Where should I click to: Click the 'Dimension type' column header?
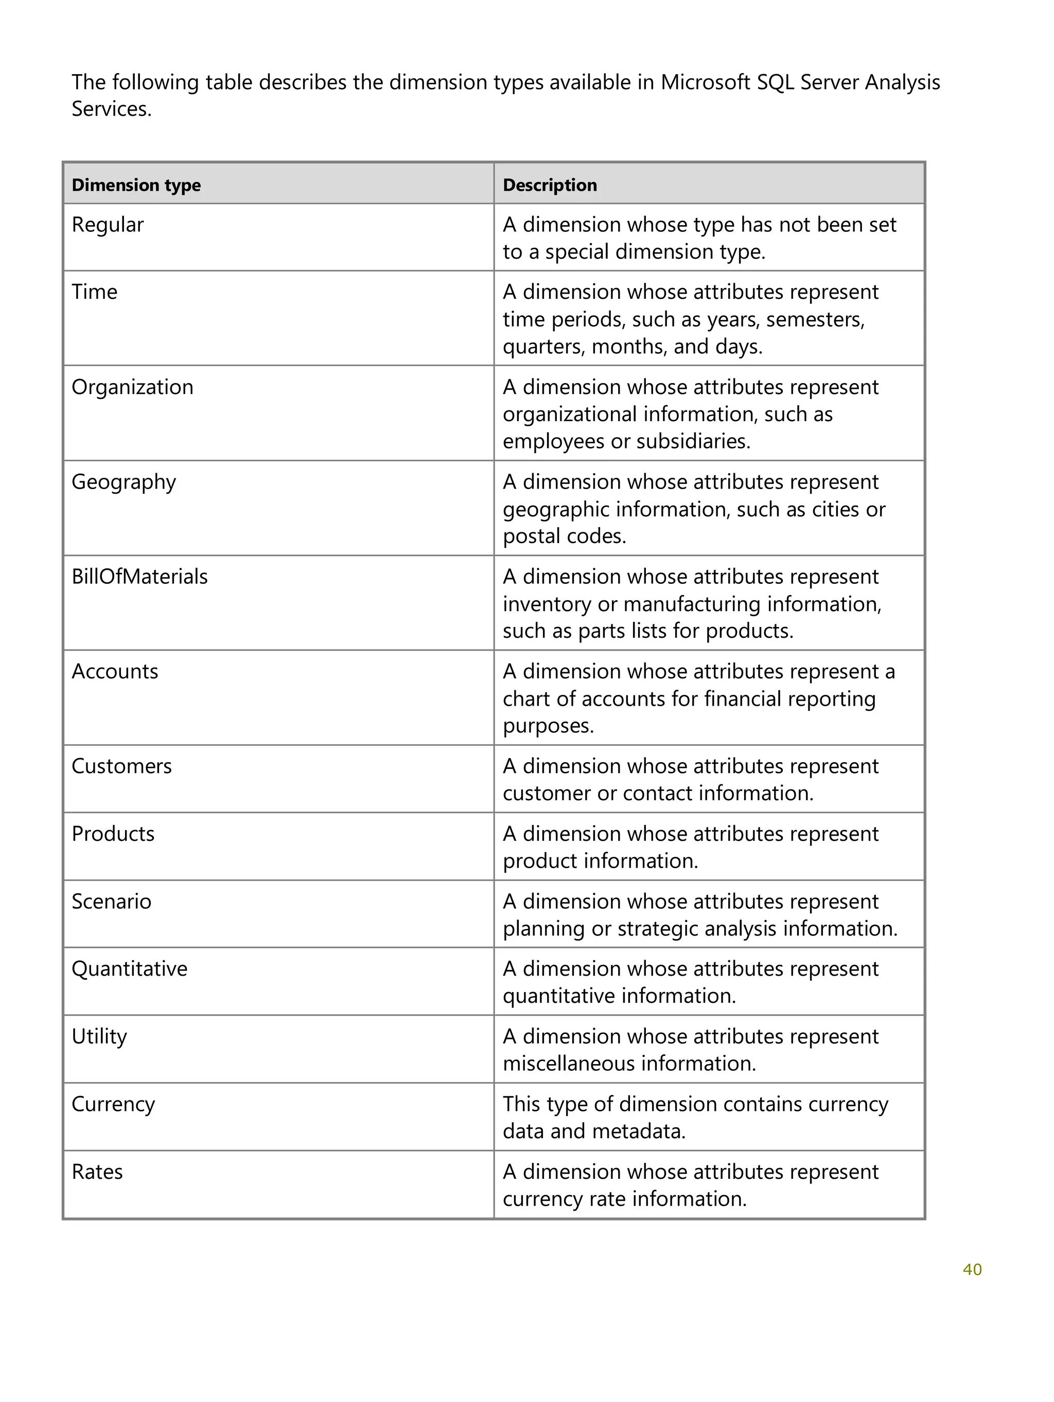pyautogui.click(x=136, y=185)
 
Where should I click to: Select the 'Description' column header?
pyautogui.click(x=549, y=185)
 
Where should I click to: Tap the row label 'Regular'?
pyautogui.click(x=107, y=225)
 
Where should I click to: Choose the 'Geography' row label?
pyautogui.click(x=123, y=482)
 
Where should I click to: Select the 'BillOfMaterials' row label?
pyautogui.click(x=139, y=577)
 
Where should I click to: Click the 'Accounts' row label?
pyautogui.click(x=114, y=672)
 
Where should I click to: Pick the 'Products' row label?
pyautogui.click(x=112, y=834)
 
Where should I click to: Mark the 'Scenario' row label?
pyautogui.click(x=111, y=902)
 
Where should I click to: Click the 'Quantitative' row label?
pyautogui.click(x=129, y=969)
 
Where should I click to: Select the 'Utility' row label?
pyautogui.click(x=99, y=1037)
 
